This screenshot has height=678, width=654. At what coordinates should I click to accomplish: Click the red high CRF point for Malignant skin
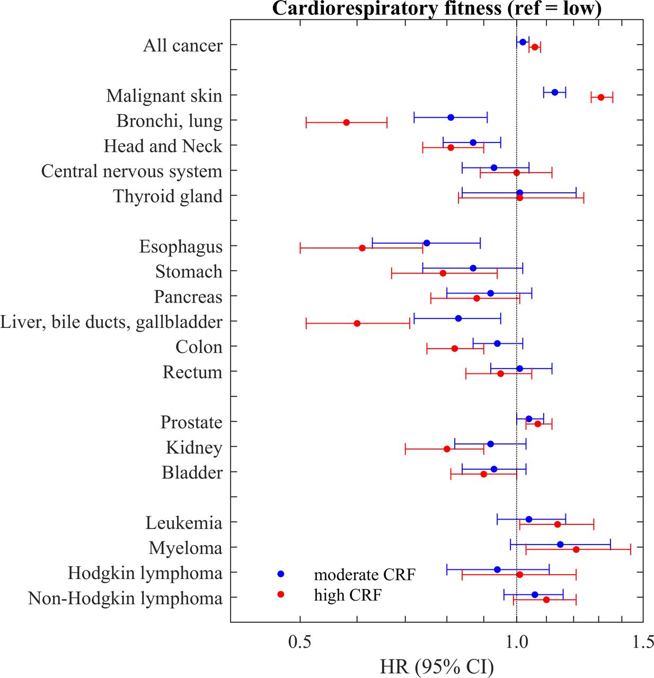pyautogui.click(x=601, y=97)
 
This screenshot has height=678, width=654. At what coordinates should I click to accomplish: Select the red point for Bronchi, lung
pyautogui.click(x=347, y=122)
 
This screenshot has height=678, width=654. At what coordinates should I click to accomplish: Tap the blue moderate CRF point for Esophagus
pyautogui.click(x=427, y=243)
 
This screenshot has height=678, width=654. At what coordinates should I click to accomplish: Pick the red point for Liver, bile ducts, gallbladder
pyautogui.click(x=357, y=323)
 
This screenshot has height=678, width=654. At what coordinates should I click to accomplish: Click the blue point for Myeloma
pyautogui.click(x=560, y=545)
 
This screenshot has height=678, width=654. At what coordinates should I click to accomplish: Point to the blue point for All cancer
pyautogui.click(x=523, y=42)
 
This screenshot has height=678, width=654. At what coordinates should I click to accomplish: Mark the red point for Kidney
pyautogui.click(x=447, y=449)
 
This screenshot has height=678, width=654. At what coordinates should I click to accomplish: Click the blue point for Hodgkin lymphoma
pyautogui.click(x=497, y=569)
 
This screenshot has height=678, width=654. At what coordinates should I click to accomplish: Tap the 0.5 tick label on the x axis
pyautogui.click(x=299, y=642)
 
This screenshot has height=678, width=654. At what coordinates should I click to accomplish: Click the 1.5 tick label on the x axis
pyautogui.click(x=643, y=642)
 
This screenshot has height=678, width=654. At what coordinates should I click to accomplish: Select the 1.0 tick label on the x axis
pyautogui.click(x=516, y=642)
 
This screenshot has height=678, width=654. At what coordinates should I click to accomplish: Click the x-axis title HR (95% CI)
pyautogui.click(x=437, y=666)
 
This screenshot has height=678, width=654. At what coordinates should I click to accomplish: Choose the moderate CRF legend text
pyautogui.click(x=365, y=575)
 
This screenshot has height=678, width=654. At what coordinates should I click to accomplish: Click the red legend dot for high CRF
pyautogui.click(x=281, y=595)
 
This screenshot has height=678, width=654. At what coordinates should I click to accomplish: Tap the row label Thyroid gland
pyautogui.click(x=167, y=197)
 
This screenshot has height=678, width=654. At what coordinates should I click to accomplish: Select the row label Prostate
pyautogui.click(x=191, y=423)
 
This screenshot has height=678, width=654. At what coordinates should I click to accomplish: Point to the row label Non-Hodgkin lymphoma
pyautogui.click(x=125, y=599)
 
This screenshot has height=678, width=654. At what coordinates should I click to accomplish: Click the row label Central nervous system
pyautogui.click(x=131, y=172)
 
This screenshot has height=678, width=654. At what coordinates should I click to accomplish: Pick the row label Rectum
pyautogui.click(x=192, y=372)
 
